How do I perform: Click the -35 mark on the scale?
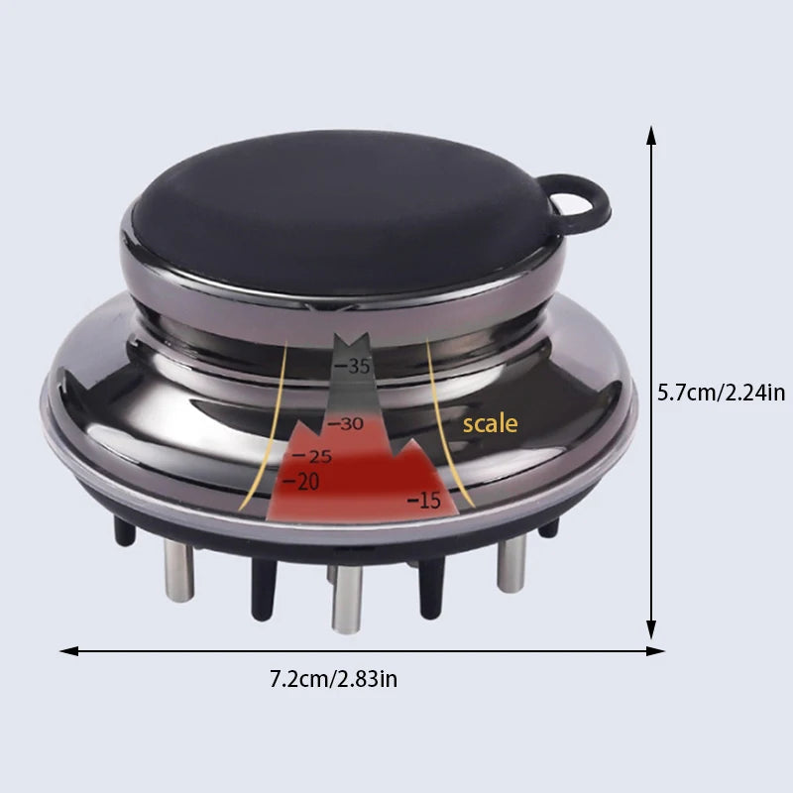pyautogui.click(x=353, y=366)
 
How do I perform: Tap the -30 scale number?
pyautogui.click(x=346, y=424)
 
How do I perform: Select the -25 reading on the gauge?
pyautogui.click(x=312, y=457)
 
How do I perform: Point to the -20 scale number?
pyautogui.click(x=301, y=482)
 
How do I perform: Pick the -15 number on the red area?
pyautogui.click(x=424, y=501)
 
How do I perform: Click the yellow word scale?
pyautogui.click(x=490, y=424)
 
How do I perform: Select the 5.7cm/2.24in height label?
pyautogui.click(x=722, y=393)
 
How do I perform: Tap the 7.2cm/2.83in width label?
pyautogui.click(x=333, y=679)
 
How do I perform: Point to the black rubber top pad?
pyautogui.click(x=344, y=212)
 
